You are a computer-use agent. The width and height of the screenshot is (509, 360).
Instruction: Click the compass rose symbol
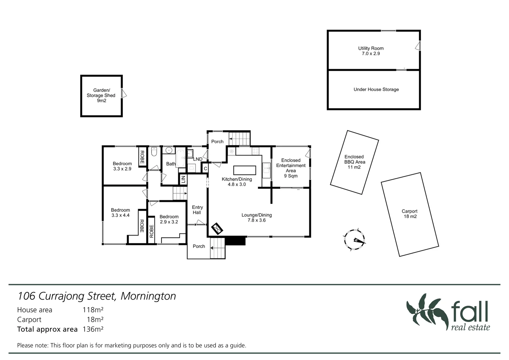pos(354,239)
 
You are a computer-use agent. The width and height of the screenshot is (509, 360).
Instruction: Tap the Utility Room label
pos(371,51)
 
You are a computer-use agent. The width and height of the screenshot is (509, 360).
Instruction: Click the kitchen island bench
pos(245,170)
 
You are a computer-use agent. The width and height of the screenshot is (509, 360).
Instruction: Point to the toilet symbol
pos(154,152)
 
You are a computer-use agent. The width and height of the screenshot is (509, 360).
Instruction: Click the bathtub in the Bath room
pos(181,158)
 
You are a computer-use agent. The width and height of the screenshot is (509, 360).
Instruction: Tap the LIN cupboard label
pos(183,180)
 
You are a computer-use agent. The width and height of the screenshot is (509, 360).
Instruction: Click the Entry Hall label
pos(197,210)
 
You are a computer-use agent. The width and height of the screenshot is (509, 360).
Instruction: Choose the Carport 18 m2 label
pos(409,214)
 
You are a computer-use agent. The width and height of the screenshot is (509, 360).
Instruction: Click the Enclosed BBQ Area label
pos(354,162)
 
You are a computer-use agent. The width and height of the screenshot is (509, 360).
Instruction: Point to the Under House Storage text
pos(376,89)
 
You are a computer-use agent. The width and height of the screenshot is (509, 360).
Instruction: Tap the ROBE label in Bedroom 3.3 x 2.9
pos(142,157)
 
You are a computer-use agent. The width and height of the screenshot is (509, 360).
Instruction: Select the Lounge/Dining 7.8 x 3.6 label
pos(256,217)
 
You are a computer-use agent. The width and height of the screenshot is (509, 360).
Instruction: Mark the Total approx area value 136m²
pos(93,329)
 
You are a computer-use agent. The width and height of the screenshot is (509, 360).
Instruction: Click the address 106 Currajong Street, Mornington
pos(97,296)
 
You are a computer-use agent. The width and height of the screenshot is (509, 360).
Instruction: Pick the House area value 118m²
pos(93,310)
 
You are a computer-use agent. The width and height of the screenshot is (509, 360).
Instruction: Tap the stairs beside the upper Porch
pos(239,138)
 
